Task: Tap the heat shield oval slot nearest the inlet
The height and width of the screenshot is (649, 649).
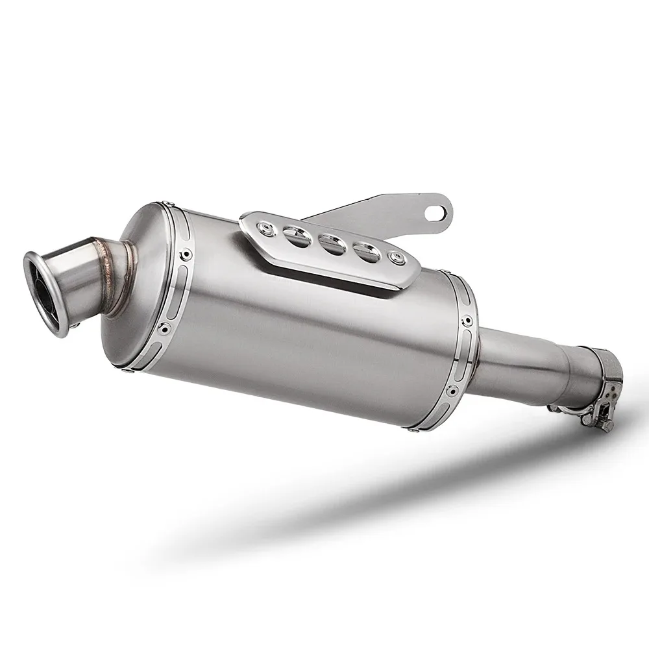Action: [x=365, y=250]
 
